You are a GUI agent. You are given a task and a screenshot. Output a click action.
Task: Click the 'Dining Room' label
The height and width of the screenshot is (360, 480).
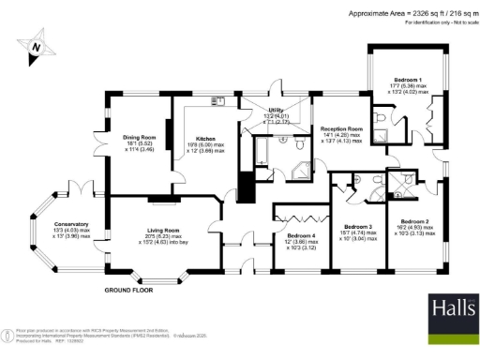click(139, 141)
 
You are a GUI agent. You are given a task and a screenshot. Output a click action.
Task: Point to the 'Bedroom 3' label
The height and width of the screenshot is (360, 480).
click(358, 227)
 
